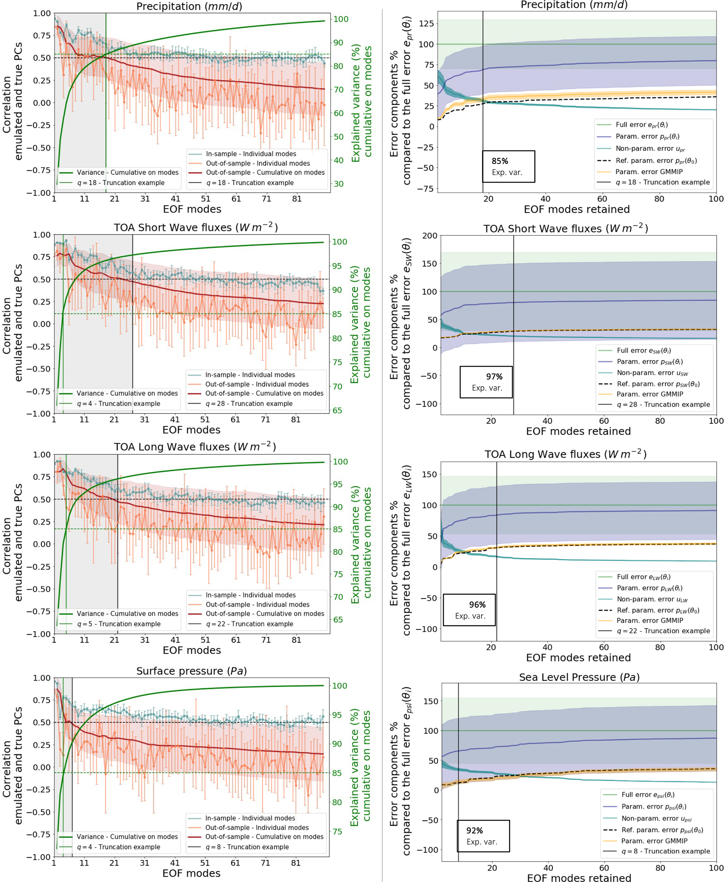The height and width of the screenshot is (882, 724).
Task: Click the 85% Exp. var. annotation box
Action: (508, 167)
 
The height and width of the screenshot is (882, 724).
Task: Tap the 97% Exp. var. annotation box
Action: (486, 382)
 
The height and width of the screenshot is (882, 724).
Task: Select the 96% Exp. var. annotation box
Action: (469, 610)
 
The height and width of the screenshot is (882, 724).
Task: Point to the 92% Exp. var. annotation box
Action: (483, 836)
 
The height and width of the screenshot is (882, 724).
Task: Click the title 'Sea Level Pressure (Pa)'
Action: (579, 677)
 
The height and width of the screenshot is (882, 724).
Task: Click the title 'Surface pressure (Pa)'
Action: (192, 671)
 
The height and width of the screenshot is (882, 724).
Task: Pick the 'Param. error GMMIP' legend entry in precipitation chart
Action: (648, 171)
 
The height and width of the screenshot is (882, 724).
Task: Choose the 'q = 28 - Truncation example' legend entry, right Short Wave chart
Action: (663, 405)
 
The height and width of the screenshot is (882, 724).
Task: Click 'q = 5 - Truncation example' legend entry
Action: (118, 624)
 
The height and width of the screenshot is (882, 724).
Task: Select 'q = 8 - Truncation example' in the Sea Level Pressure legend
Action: (665, 851)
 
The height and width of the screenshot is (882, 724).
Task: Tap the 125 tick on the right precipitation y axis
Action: (426, 23)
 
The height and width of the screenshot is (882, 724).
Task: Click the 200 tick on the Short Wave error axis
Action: (429, 236)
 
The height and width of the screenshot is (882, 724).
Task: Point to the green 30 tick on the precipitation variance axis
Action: (338, 184)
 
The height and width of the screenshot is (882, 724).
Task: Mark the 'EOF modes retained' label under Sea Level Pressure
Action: (579, 878)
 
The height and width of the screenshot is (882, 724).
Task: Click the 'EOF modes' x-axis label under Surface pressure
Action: (192, 873)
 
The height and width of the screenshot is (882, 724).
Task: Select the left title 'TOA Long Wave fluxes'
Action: (195, 447)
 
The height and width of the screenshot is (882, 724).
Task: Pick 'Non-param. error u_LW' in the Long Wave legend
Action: (652, 599)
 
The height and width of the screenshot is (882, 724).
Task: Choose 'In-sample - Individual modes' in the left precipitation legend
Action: (251, 154)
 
